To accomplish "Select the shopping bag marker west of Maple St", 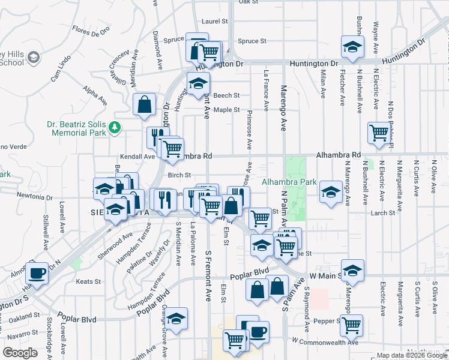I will pyautogui.click(x=145, y=104).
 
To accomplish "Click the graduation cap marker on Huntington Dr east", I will pyautogui.click(x=352, y=46).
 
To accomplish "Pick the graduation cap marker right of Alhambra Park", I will pyautogui.click(x=330, y=192).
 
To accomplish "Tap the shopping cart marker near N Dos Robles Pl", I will pyautogui.click(x=379, y=133).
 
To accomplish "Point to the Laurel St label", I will pyautogui.click(x=215, y=21).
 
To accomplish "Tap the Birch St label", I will pyautogui.click(x=179, y=175).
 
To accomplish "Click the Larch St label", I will pyautogui.click(x=383, y=212).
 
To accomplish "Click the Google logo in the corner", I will pyautogui.click(x=20, y=352).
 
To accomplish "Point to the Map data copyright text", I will pyautogui.click(x=411, y=355).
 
